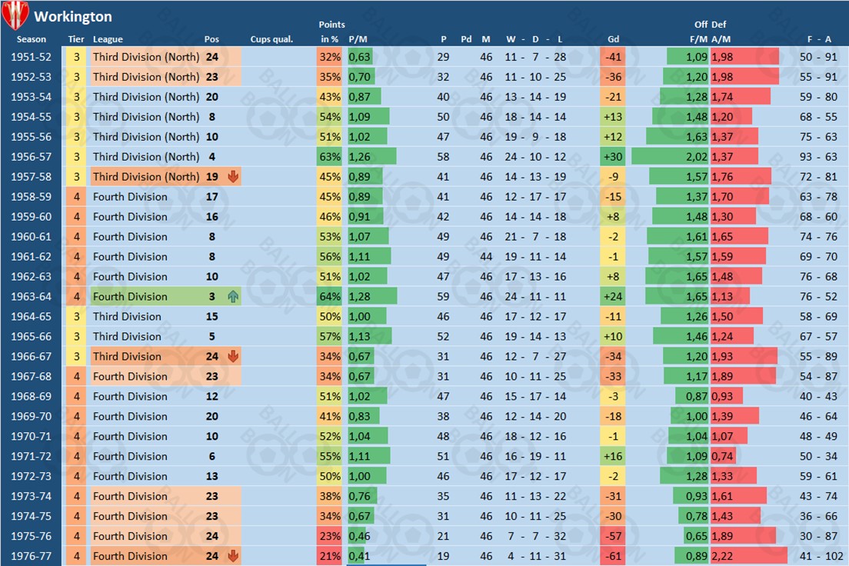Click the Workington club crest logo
(15, 15)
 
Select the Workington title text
(73, 16)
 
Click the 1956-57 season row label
(32, 157)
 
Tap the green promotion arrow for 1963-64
(233, 297)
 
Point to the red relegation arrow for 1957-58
(233, 177)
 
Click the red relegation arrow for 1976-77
(233, 556)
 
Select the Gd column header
(613, 39)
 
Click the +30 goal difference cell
(613, 157)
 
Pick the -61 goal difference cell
(613, 556)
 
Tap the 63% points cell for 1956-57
(330, 157)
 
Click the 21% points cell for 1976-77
(330, 556)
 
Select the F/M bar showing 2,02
(670, 157)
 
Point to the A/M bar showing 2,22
(748, 556)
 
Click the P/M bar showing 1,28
(372, 297)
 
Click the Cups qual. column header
(271, 39)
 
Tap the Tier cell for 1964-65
(77, 317)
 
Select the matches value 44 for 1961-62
(486, 257)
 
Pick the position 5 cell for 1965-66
(211, 337)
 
